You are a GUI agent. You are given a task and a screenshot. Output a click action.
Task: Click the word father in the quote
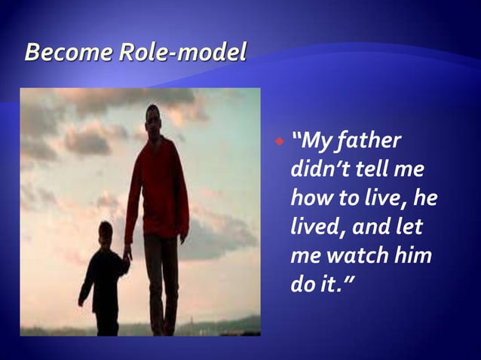click(369, 141)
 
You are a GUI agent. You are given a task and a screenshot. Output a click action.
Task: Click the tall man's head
click(153, 119)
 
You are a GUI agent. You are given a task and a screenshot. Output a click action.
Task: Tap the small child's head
click(105, 230)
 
